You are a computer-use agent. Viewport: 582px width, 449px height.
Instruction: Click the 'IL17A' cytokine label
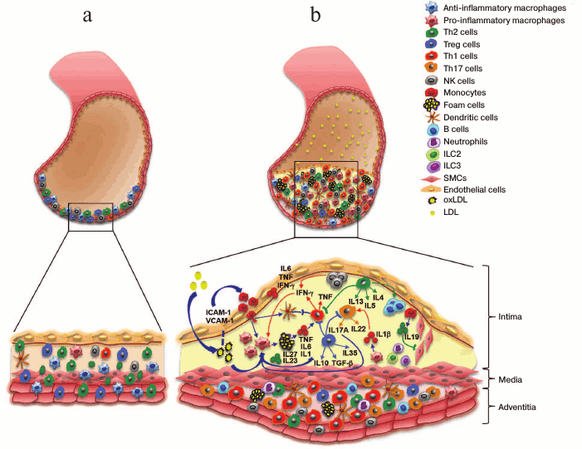coord(341,329)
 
